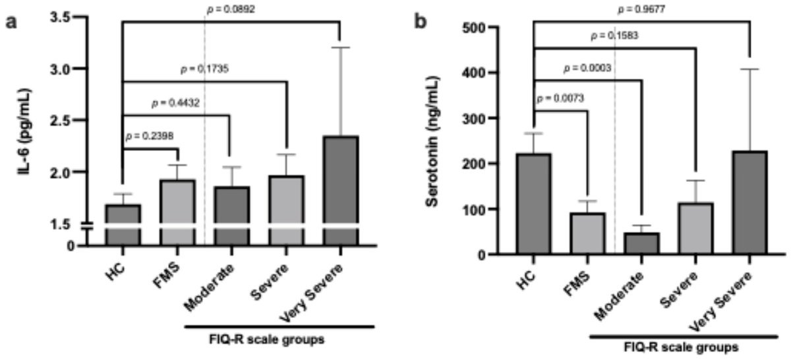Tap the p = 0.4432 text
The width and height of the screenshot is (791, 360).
[x=177, y=103]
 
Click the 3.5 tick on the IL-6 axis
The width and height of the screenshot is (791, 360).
[x=65, y=17]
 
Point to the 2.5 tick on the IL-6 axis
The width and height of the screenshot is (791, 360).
[x=65, y=120]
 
